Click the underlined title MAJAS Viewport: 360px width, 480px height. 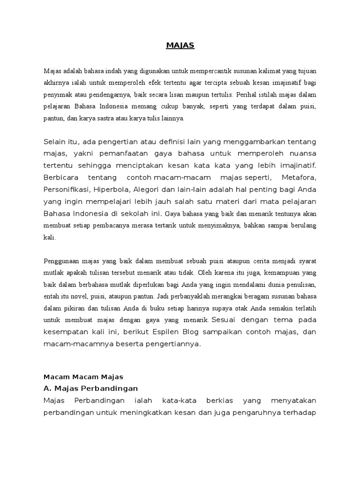[x=180, y=45]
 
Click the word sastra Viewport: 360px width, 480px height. [x=121, y=119]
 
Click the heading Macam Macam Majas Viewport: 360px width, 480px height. [x=83, y=376]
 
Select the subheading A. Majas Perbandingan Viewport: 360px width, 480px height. [x=90, y=389]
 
